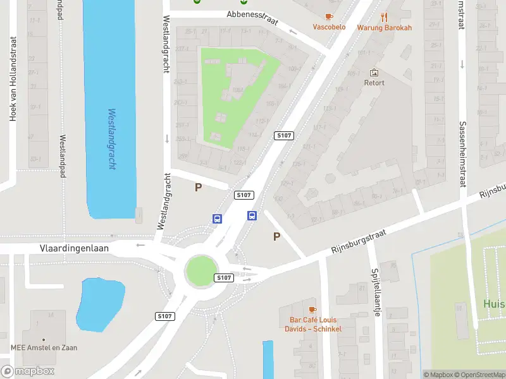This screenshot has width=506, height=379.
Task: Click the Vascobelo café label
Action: (x=329, y=27)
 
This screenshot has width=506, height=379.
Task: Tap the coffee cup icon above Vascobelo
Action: (x=329, y=16)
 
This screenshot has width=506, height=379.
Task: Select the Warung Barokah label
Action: (x=384, y=28)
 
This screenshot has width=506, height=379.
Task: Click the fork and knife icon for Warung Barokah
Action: (x=384, y=17)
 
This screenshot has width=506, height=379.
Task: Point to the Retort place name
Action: (x=374, y=83)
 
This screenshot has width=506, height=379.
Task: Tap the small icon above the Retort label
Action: (x=374, y=73)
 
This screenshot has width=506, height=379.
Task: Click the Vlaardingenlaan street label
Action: (x=74, y=248)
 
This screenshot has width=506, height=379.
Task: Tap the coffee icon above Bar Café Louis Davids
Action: (x=312, y=310)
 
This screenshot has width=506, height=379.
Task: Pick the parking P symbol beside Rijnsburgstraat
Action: (x=276, y=237)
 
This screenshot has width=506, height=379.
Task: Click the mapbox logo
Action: (x=28, y=371)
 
